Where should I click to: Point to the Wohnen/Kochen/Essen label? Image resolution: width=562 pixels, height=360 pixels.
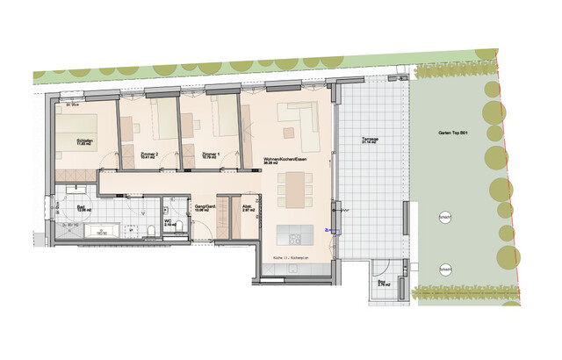(x=285, y=159)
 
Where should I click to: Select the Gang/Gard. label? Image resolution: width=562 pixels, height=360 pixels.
(x=204, y=209)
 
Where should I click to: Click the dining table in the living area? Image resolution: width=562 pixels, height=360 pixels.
(x=295, y=186)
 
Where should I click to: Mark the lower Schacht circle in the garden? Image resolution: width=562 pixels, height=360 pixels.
(x=446, y=268)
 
